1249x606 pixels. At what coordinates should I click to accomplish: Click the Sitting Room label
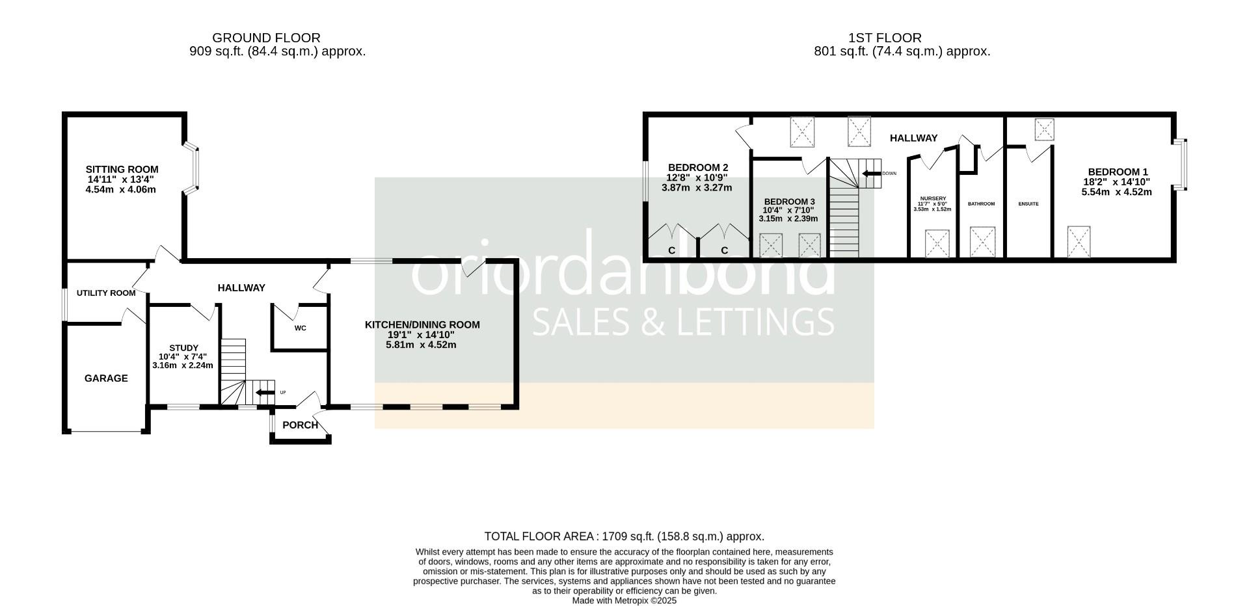[122, 170]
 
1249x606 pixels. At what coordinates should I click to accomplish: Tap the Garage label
[106, 378]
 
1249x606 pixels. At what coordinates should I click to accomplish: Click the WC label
[300, 328]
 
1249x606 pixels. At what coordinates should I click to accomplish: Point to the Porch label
[300, 425]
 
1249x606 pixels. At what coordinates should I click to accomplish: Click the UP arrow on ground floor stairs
[265, 393]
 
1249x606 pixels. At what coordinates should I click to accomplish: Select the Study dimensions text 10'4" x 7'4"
[183, 356]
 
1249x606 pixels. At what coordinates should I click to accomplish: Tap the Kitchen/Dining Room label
[422, 324]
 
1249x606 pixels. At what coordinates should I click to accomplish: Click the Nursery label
[932, 198]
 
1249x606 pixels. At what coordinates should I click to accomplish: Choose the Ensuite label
[1028, 204]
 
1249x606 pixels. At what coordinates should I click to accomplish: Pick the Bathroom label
[981, 204]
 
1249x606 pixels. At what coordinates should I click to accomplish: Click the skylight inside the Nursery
[937, 243]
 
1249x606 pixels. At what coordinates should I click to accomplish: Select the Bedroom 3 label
[788, 202]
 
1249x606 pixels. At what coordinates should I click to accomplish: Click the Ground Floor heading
[266, 38]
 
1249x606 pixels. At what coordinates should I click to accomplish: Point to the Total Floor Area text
[624, 536]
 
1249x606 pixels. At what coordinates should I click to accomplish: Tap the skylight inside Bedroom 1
[1079, 241]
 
